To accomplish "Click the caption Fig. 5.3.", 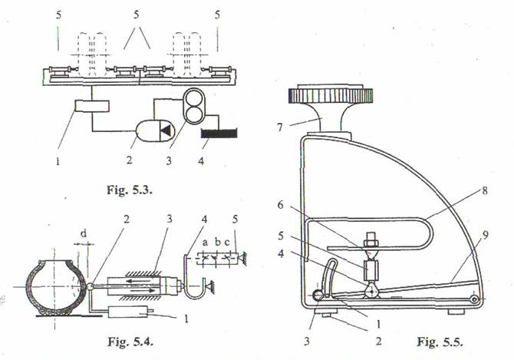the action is (130, 190).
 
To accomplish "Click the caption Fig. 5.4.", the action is (130, 342).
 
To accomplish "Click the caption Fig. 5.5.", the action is (440, 342).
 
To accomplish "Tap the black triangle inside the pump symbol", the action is (166, 130).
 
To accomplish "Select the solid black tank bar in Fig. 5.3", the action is (219, 134).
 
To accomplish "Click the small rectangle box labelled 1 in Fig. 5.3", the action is (92, 106).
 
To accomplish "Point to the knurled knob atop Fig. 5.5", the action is (330, 96).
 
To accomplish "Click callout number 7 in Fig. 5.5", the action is (279, 127).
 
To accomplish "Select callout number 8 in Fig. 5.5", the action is (485, 191).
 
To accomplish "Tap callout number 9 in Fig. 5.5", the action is (486, 235).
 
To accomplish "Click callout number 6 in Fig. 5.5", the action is (280, 205).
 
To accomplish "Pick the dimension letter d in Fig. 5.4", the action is (84, 233).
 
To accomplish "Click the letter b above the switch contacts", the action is (218, 243).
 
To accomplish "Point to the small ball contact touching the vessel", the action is (89, 286).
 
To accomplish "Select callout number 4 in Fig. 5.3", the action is (201, 160).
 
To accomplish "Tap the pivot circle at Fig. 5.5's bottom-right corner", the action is (473, 299).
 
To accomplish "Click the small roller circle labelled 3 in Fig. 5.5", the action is (318, 296).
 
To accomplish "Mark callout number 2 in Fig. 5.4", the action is (127, 219).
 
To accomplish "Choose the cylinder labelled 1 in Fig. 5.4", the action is (129, 311).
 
